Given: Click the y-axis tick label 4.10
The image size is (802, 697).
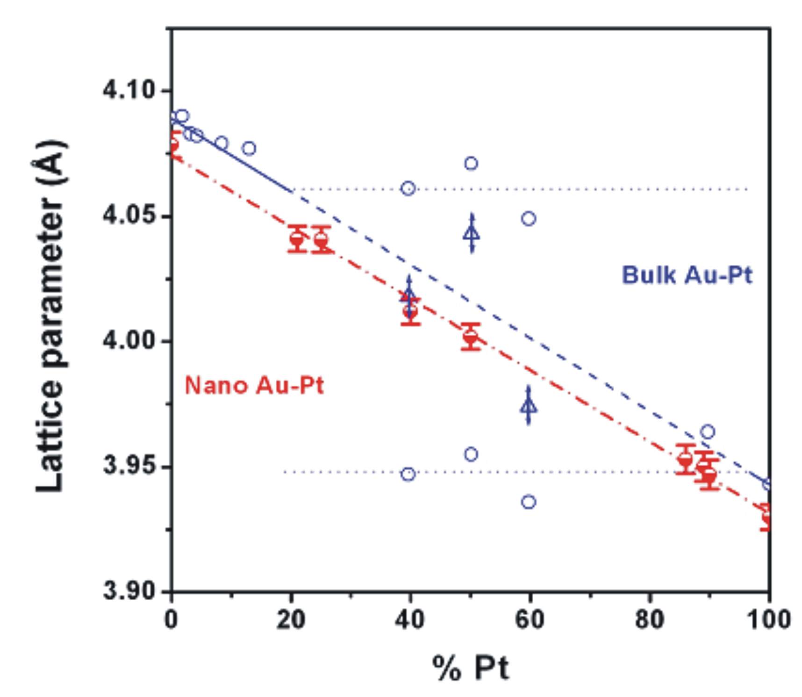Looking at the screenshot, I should [129, 90].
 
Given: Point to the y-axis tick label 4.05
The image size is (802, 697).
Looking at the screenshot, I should [129, 216].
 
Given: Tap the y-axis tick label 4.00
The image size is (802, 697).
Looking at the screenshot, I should [129, 341].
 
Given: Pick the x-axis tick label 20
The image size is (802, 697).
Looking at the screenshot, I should [291, 620].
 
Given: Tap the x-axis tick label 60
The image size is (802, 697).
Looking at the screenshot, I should [530, 620].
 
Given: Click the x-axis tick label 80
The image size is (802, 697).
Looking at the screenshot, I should [649, 620].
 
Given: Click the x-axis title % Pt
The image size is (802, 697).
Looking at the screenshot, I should [470, 668].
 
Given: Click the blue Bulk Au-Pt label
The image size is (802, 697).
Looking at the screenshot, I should [687, 275].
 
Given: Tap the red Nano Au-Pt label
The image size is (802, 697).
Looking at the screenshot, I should [254, 386].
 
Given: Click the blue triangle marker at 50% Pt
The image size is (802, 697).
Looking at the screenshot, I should [471, 233].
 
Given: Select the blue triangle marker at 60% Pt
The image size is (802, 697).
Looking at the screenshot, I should [529, 405].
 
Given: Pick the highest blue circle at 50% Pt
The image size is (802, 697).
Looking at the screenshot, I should [471, 163].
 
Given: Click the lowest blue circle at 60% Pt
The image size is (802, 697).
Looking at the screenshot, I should [529, 502].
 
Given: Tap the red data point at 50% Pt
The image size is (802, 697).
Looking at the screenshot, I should [471, 336].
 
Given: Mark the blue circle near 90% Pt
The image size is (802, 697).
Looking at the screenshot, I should [708, 431].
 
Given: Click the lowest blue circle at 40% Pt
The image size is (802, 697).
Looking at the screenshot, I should [408, 474].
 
